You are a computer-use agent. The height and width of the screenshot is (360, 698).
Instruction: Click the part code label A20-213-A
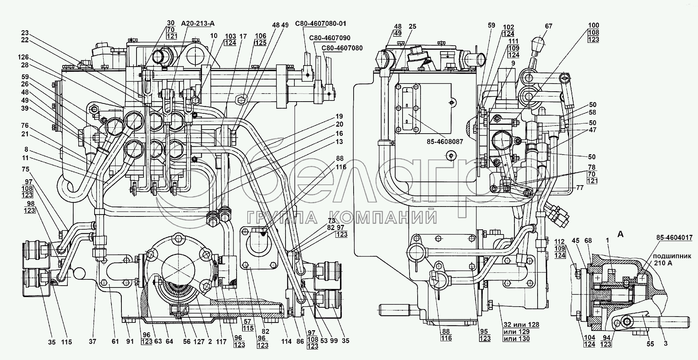(198, 24)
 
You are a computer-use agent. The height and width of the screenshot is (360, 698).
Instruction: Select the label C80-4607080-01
(320, 24)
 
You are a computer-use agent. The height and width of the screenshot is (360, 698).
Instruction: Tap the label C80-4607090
(330, 38)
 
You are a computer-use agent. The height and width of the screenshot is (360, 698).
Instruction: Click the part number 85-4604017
(673, 238)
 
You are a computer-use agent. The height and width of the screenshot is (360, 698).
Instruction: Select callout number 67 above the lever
(549, 27)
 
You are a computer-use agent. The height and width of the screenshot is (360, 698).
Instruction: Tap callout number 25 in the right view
(412, 27)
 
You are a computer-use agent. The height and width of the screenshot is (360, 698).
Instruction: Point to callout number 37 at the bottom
(92, 342)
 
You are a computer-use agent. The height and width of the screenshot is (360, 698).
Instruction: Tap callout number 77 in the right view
(580, 187)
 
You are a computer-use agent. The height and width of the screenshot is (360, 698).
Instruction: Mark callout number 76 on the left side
(25, 126)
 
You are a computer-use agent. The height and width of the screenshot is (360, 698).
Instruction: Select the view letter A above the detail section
(620, 234)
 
